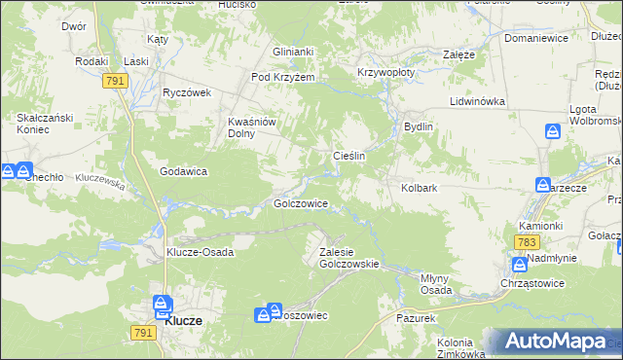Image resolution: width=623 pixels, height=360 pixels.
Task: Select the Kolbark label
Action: coord(421,188)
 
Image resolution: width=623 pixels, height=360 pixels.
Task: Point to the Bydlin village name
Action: coord(419,126)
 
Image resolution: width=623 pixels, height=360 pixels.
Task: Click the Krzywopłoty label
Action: coord(386,72)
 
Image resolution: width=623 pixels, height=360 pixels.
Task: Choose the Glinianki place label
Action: coord(293,53)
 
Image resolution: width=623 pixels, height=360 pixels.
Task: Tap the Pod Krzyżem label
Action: coord(281,78)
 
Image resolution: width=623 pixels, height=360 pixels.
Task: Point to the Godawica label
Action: coord(184,171)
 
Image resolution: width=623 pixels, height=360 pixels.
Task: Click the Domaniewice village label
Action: coord(535,39)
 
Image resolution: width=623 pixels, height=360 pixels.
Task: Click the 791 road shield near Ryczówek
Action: coord(115,82)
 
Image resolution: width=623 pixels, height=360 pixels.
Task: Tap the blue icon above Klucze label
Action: coord(162,306)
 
